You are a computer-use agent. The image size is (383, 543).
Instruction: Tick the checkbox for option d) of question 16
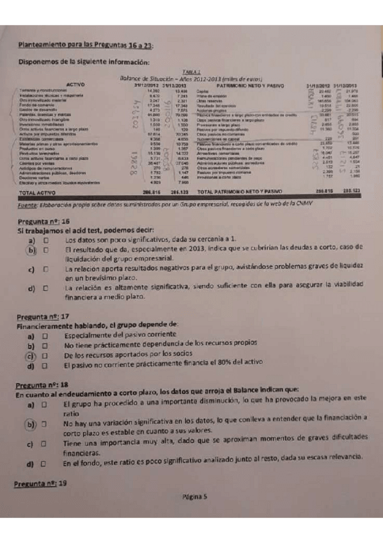pyautogui.click(x=46, y=289)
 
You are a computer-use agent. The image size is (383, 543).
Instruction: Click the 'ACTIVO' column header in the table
pyautogui.click(x=76, y=84)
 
